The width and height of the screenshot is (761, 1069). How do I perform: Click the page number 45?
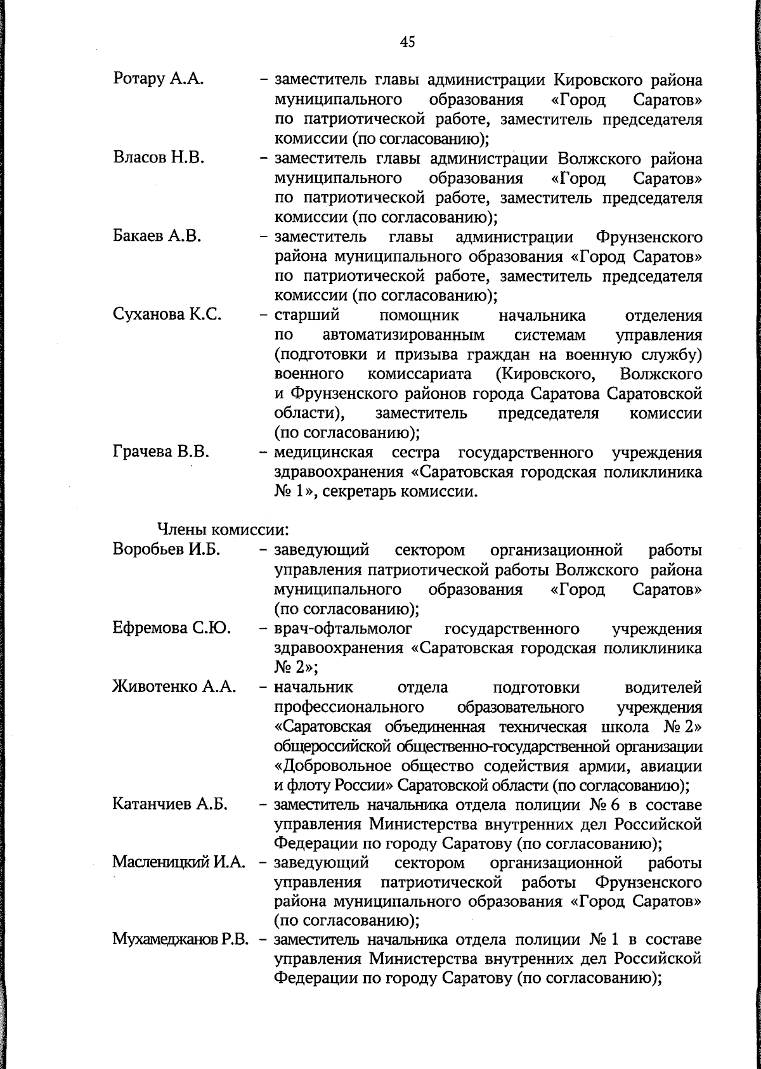(407, 42)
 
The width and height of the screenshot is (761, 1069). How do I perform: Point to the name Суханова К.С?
(167, 315)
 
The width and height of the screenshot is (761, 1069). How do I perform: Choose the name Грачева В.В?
(161, 453)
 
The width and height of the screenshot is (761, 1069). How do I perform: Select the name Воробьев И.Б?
(166, 550)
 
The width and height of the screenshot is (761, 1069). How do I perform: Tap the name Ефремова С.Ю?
(171, 628)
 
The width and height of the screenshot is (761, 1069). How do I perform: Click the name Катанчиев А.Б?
(170, 805)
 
